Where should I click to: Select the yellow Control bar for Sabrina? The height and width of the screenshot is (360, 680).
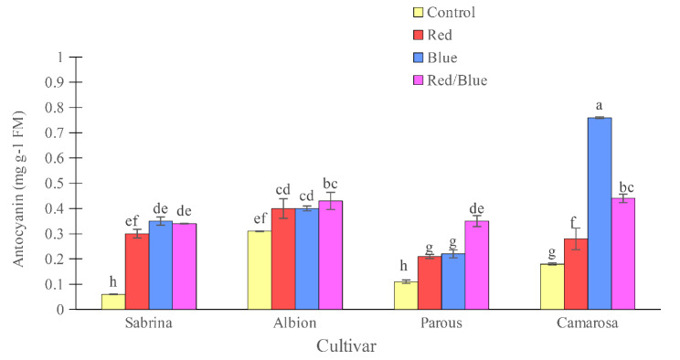coord(113,302)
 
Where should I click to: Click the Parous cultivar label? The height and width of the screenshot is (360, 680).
coord(441,323)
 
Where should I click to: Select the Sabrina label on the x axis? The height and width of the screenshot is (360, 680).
coord(149,323)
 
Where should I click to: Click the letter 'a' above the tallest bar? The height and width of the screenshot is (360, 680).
coord(600,106)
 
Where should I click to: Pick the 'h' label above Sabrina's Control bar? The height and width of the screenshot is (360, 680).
coord(113,282)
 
